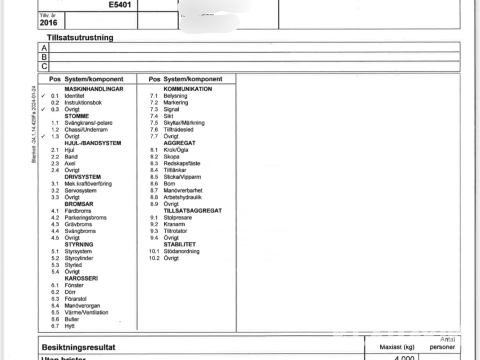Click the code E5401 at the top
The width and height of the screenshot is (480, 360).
pos(121,5)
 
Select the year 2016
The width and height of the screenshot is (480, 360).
pos(48,23)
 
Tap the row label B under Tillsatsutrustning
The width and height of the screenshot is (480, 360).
pos(44,57)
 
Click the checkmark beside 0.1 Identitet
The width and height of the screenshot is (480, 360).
pos(43,96)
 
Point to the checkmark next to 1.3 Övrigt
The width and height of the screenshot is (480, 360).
pos(43,137)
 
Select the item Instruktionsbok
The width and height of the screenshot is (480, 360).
pos(83,102)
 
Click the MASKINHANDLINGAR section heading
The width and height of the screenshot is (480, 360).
pos(94,89)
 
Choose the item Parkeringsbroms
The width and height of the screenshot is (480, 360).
pos(85,218)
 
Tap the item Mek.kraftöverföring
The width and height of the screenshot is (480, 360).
pos(88,184)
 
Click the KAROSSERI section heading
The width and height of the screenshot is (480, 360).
pos(81,278)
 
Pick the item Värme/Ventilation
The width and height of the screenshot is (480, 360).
pos(86,313)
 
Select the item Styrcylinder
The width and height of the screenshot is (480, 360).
pos(79,258)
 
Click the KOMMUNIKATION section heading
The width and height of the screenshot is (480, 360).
pos(187,89)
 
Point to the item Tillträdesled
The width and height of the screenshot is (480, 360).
pos(178,130)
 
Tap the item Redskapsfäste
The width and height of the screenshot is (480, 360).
pos(182,164)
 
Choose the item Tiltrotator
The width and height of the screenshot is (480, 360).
pos(175,231)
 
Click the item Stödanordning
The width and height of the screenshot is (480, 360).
pos(181,251)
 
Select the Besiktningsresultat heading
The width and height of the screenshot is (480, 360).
pos(78,347)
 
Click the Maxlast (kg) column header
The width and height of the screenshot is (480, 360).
pos(397,347)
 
